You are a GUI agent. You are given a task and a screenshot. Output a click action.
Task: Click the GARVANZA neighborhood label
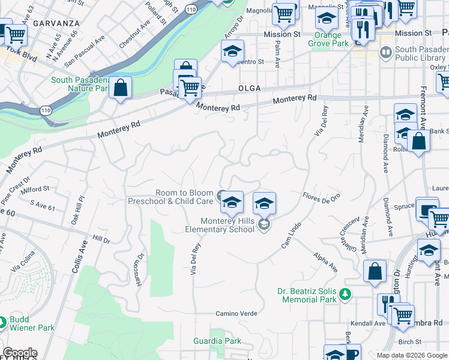[56, 23]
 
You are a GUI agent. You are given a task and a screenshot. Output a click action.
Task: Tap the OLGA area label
[249, 88]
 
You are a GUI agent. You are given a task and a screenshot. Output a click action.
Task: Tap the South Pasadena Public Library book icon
[385, 53]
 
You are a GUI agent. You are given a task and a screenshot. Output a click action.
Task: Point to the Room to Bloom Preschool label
[170, 197]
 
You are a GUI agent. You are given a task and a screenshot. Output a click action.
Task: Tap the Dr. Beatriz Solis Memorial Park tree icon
[345, 293]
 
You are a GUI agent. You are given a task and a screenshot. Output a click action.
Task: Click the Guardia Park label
[217, 341]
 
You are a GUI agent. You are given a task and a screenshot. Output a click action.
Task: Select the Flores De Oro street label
[321, 196]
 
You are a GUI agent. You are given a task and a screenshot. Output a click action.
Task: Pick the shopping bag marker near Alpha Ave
[375, 271]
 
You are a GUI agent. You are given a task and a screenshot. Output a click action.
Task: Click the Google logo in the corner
[19, 353]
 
